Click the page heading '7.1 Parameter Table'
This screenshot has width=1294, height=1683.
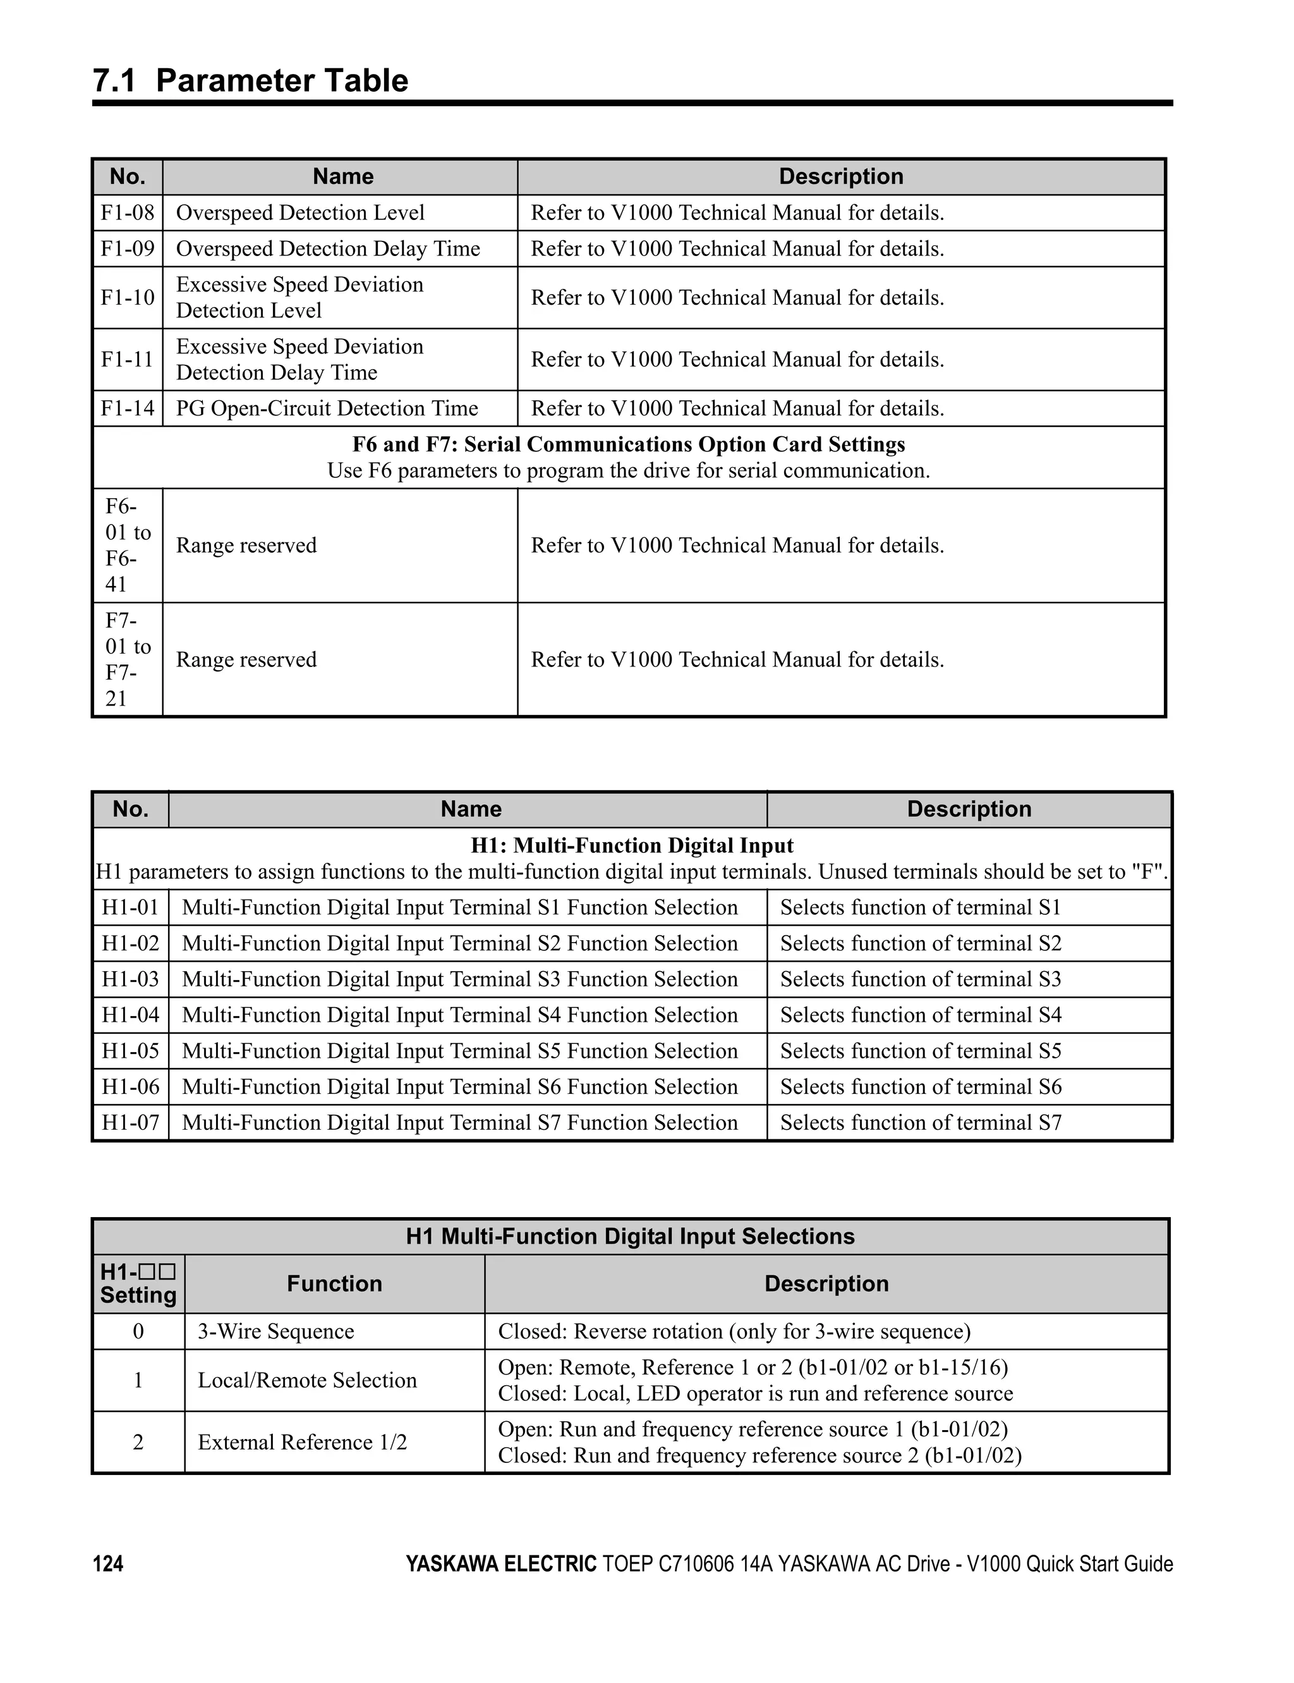250,81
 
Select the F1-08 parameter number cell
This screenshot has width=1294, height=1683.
127,212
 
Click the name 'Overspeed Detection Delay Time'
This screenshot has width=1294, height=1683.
327,249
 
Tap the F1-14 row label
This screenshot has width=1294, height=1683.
127,408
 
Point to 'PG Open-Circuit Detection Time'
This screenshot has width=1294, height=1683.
327,408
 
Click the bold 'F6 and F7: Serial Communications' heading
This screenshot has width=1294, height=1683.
629,444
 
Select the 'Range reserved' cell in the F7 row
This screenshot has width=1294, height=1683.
246,659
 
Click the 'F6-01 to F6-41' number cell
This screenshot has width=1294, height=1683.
127,546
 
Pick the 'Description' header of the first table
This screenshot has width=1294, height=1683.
840,176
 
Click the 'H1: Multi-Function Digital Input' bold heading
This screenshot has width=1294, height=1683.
632,845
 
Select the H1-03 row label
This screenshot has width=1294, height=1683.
130,979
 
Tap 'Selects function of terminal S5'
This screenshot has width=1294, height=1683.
921,1051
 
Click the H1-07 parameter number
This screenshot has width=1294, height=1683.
130,1123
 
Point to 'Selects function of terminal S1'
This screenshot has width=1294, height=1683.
921,908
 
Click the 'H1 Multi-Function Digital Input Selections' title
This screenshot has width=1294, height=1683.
630,1236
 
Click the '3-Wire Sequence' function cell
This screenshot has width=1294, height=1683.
275,1331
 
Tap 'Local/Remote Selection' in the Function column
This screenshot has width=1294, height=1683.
306,1380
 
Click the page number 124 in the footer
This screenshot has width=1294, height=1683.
108,1564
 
